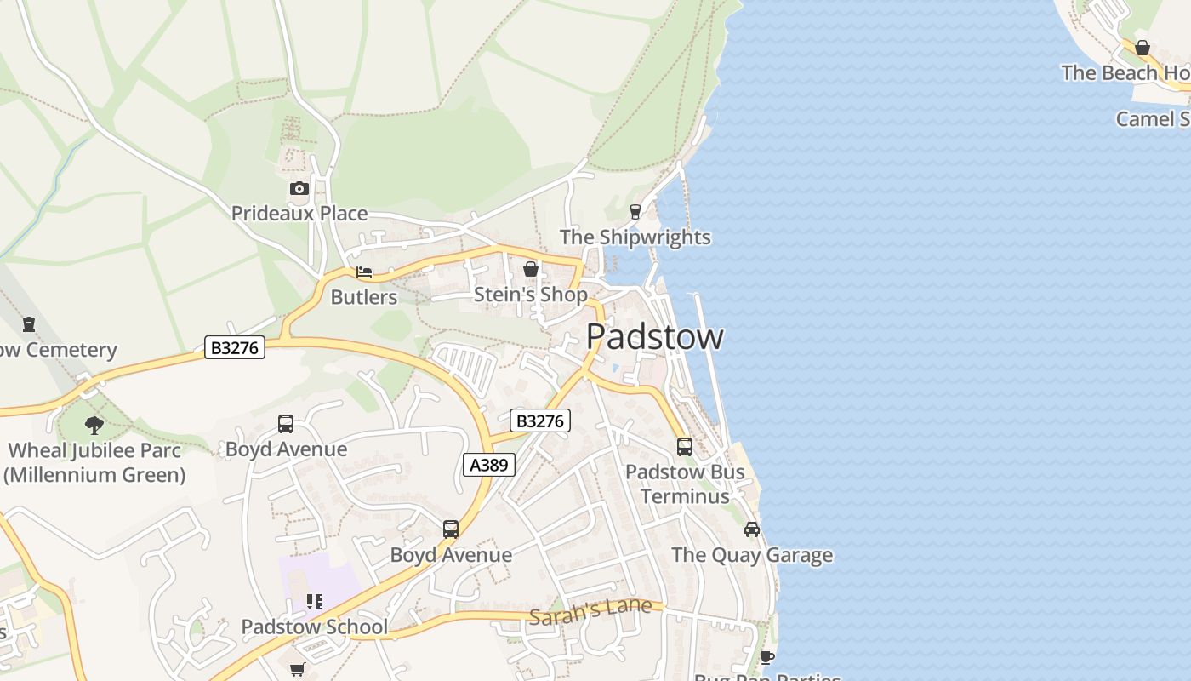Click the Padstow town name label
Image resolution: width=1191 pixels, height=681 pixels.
coord(655,337)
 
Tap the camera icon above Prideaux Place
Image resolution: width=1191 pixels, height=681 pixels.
coord(299,188)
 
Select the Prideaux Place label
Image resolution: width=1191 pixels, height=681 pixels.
coord(299,213)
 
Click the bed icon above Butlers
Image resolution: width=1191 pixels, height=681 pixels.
coord(364,272)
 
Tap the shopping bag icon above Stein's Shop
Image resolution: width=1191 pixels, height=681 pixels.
coord(531,270)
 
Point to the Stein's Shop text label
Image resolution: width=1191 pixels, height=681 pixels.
coord(531,295)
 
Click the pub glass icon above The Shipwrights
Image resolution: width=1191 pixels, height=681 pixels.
coord(635,212)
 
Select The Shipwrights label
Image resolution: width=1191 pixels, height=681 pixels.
coord(635,237)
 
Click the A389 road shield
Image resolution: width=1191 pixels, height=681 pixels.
coord(488,465)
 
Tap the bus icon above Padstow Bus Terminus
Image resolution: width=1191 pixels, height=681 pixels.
coord(685,446)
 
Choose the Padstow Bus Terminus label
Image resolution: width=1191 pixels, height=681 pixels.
coord(685,484)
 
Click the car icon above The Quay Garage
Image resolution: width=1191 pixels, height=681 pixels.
coord(752,529)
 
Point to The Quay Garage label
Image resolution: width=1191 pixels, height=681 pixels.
coord(752,555)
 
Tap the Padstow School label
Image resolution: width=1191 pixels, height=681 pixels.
coord(315,627)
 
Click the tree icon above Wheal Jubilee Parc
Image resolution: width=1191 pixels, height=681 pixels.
coord(94,425)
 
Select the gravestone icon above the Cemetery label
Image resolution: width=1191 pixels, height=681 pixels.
coord(30,324)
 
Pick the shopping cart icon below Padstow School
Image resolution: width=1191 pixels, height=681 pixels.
coord(298,670)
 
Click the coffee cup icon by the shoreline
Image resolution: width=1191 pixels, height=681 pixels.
coord(766,657)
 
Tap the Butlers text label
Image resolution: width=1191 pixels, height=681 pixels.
coord(364,297)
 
